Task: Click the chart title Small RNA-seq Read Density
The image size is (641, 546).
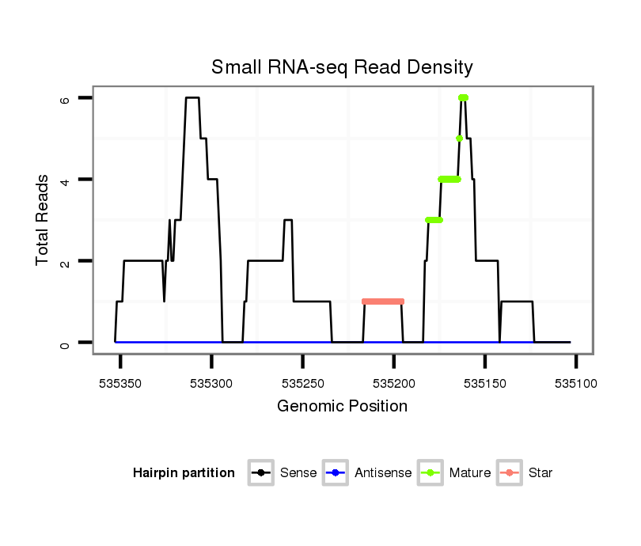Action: tap(342, 67)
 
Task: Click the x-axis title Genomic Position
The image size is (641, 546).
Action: tap(342, 407)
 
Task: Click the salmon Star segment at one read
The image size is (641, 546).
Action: tap(383, 301)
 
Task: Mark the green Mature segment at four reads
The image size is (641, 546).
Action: tap(449, 179)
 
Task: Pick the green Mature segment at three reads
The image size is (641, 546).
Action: tap(434, 220)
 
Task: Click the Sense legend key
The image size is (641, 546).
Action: tap(261, 473)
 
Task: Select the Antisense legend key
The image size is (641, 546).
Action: tap(336, 473)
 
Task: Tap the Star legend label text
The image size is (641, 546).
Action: tap(540, 473)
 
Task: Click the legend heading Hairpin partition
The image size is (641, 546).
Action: tap(184, 473)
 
